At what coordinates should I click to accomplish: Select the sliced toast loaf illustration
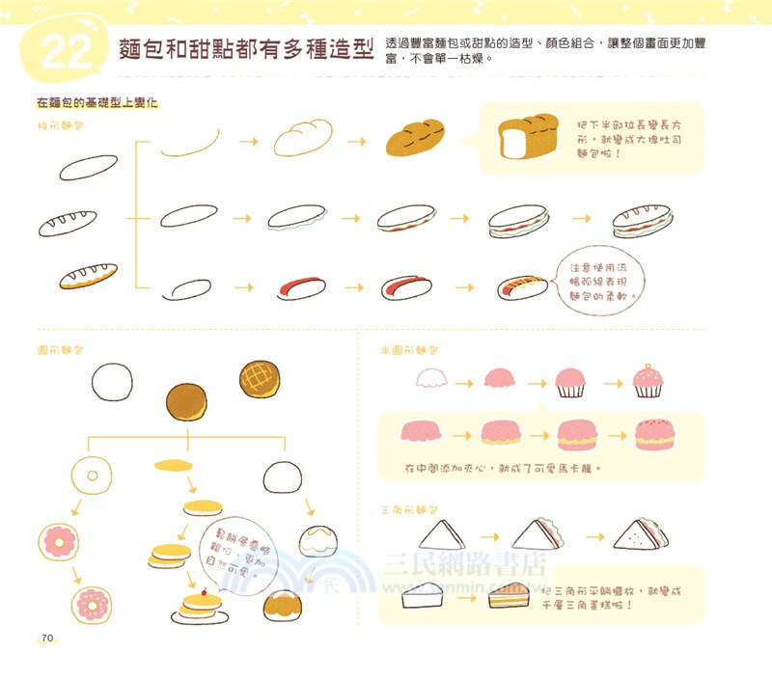522,138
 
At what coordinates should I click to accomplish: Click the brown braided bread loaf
415,138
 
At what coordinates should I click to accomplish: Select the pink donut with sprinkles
96,606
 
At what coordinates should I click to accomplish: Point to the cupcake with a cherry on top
647,381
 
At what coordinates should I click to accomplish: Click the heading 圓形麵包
59,347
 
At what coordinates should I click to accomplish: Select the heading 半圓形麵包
410,349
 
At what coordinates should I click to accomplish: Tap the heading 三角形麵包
410,508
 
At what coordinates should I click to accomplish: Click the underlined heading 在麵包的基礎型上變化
96,101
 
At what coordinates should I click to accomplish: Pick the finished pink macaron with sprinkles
661,435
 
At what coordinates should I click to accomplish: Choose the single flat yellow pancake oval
172,466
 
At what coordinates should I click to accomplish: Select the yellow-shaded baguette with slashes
88,276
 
